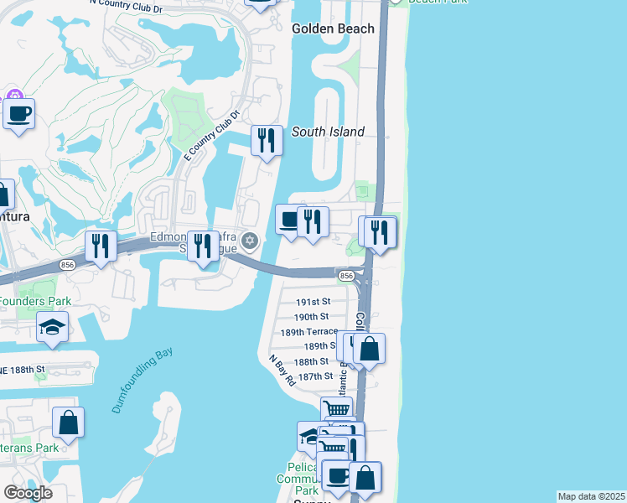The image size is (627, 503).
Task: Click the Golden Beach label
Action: [x=332, y=29]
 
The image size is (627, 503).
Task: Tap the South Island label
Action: [x=328, y=132]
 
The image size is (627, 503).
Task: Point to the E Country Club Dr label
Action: [x=211, y=135]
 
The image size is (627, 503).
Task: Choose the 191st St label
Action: [x=313, y=302]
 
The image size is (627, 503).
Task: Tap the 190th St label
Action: [x=311, y=317]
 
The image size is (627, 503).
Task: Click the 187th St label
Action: [x=315, y=376]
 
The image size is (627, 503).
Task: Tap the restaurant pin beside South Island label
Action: [x=267, y=141]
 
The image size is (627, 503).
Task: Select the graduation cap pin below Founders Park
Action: [x=52, y=327]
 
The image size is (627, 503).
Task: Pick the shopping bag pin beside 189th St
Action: [x=369, y=348]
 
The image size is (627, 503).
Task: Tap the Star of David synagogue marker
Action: [x=248, y=241]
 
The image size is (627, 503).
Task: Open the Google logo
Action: [x=28, y=493]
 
